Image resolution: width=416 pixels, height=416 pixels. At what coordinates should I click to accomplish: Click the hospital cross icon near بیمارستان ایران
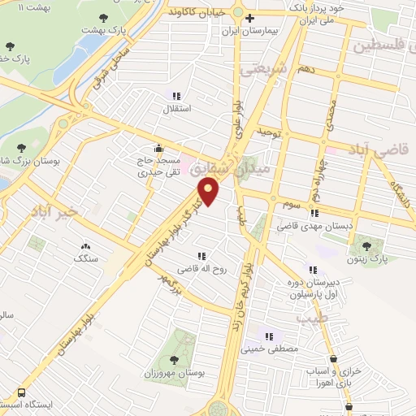click(250, 19)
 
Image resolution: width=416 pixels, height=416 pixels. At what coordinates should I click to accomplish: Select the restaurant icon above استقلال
click(176, 96)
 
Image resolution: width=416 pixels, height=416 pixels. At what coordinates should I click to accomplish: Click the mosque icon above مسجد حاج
click(158, 149)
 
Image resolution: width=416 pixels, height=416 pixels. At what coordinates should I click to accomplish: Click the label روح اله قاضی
click(200, 269)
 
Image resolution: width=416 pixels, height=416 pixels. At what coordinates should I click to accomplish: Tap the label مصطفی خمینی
click(271, 349)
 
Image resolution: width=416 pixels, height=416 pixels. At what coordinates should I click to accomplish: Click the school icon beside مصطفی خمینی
click(269, 336)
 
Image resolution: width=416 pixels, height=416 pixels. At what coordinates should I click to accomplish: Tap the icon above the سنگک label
click(85, 245)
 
